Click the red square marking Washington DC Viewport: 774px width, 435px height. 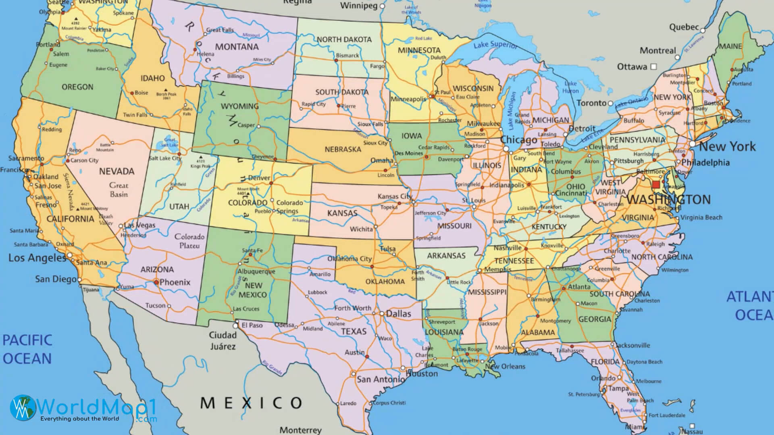656,184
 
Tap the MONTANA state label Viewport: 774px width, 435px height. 237,47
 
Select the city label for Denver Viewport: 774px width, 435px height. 259,178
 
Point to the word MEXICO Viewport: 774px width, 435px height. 251,402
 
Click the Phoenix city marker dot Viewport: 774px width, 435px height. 156,282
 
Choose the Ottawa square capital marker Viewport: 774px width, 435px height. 654,66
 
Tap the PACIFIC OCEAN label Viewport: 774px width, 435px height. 27,349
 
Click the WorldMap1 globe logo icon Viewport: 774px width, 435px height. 23,407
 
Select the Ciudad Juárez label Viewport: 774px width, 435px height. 223,340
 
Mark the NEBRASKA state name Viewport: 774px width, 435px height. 343,149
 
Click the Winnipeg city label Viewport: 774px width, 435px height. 358,6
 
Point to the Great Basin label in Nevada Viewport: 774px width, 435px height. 119,190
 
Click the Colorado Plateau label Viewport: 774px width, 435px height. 189,241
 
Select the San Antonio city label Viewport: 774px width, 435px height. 381,379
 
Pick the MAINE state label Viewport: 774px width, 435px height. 730,46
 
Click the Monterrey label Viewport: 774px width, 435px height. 300,430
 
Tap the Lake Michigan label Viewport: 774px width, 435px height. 511,110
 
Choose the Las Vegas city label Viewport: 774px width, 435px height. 139,225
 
